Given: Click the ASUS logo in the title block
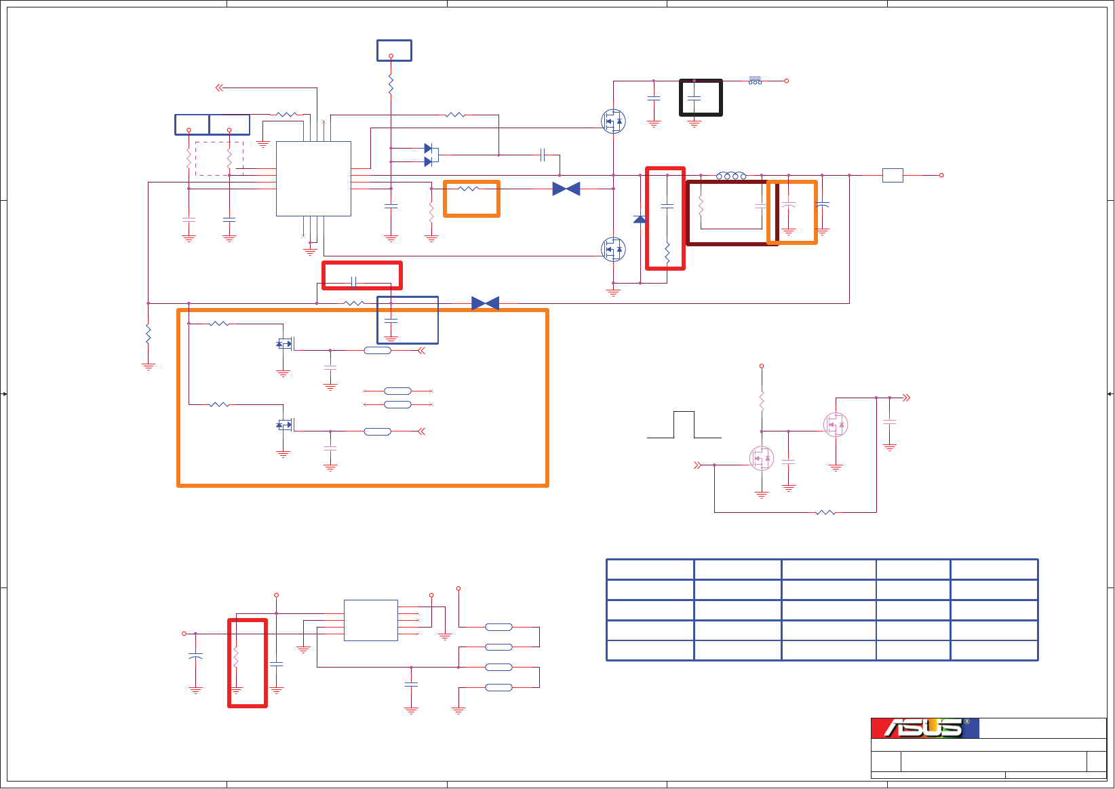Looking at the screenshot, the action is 924,728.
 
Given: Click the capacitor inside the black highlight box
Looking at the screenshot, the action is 694,98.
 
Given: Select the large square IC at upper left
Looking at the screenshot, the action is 313,178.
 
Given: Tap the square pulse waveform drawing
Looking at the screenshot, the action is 684,425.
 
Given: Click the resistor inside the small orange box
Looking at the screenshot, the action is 469,189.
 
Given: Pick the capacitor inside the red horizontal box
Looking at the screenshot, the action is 353,282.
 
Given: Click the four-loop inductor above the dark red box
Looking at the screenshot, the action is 731,176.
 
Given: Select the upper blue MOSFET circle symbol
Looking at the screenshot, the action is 613,121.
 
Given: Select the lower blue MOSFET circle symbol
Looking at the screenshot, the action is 613,249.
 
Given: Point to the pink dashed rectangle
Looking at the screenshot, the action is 218,159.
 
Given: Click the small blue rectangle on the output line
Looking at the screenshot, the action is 893,175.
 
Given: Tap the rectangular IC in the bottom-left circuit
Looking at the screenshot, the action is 370,620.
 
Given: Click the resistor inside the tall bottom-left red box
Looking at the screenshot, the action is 236,657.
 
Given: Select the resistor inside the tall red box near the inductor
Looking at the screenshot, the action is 667,253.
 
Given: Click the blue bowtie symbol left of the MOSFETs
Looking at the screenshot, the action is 566,189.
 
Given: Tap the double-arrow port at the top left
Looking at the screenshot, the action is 219,88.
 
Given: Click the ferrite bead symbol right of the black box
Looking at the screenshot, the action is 755,81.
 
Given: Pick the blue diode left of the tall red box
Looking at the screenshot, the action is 640,219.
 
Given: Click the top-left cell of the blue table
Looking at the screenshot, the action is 650,569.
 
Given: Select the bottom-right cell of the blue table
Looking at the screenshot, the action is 994,650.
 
